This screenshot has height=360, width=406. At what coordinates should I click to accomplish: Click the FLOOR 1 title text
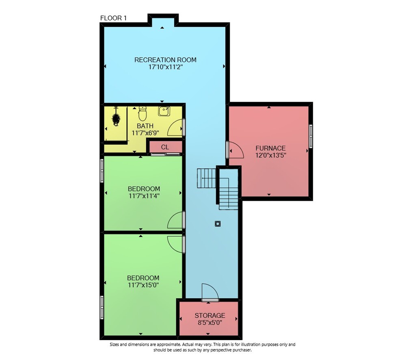click(x=113, y=18)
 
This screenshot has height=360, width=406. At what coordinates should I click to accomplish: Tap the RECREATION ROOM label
click(x=165, y=60)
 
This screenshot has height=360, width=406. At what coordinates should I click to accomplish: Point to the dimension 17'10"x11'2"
click(x=166, y=67)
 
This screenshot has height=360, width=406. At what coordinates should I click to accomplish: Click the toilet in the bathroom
click(x=142, y=113)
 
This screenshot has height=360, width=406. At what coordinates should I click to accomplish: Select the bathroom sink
click(x=164, y=111)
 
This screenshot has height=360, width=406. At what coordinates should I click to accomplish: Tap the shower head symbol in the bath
click(x=116, y=117)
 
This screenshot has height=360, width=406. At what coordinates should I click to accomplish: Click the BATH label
click(x=145, y=126)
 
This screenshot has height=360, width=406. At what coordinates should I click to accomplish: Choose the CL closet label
click(x=165, y=147)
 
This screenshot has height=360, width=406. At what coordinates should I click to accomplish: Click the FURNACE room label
click(x=270, y=148)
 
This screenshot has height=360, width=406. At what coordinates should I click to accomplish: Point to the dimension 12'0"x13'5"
click(x=270, y=156)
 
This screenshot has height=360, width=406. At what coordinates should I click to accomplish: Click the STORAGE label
click(x=210, y=315)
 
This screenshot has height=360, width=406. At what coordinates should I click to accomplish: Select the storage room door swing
click(x=210, y=292)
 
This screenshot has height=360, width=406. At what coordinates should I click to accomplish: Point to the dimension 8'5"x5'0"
click(x=210, y=323)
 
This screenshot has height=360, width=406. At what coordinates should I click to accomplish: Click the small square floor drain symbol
click(x=218, y=223)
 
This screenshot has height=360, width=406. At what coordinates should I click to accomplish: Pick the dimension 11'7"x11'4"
click(x=144, y=196)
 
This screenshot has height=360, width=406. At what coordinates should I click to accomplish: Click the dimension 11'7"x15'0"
click(x=143, y=285)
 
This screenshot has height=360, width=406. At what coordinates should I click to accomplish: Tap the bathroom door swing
click(x=175, y=128)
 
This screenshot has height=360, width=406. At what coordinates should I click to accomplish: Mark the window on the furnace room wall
click(x=311, y=137)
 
